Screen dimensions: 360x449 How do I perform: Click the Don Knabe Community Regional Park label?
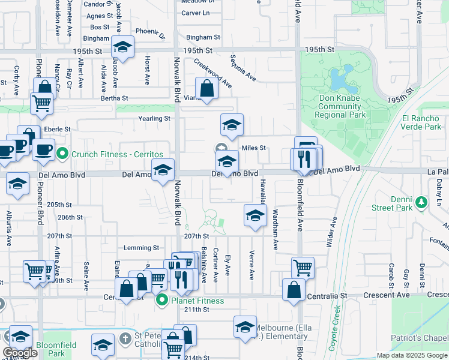[340, 106]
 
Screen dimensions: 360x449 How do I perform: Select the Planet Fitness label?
[197, 301]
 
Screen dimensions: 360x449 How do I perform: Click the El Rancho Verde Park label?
[422, 122]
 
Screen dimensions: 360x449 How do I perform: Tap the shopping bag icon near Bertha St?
[206, 89]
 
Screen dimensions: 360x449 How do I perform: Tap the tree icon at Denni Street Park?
[423, 203]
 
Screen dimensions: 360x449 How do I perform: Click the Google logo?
[20, 353]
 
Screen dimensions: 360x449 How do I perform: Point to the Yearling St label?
[155, 119]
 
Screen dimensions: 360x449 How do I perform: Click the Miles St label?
[253, 148]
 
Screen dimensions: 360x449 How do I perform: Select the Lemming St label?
[141, 248]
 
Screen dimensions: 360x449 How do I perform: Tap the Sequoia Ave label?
[243, 68]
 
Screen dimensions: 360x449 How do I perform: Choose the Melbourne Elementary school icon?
[245, 327]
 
